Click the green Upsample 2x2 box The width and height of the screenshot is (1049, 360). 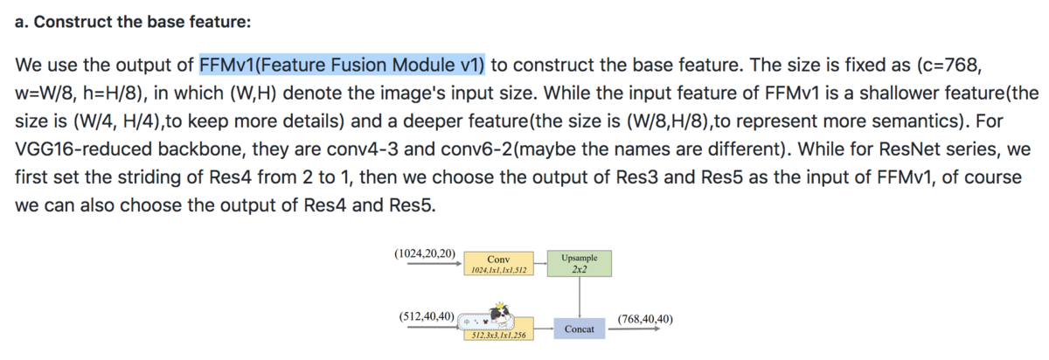pyautogui.click(x=580, y=264)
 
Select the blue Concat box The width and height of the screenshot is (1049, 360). pyautogui.click(x=580, y=329)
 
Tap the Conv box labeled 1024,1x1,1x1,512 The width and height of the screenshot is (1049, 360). pyautogui.click(x=499, y=264)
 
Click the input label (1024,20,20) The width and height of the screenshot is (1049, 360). pyautogui.click(x=425, y=253)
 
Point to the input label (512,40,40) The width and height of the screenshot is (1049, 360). pyautogui.click(x=427, y=316)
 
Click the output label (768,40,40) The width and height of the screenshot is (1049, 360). pyautogui.click(x=645, y=319)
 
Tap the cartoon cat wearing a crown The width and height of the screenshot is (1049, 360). pyautogui.click(x=500, y=315)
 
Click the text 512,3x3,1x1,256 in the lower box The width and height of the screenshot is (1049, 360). pyautogui.click(x=499, y=336)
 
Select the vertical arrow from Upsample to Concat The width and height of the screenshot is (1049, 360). pyautogui.click(x=580, y=297)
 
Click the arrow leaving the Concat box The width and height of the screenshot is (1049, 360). pyautogui.click(x=634, y=329)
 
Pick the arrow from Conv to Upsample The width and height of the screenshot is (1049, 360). pyautogui.click(x=540, y=263)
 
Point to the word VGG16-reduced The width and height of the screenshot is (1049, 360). pyautogui.click(x=84, y=149)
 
